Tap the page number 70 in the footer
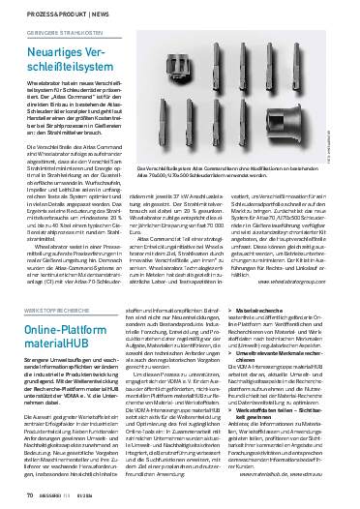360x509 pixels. click(x=17, y=496)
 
